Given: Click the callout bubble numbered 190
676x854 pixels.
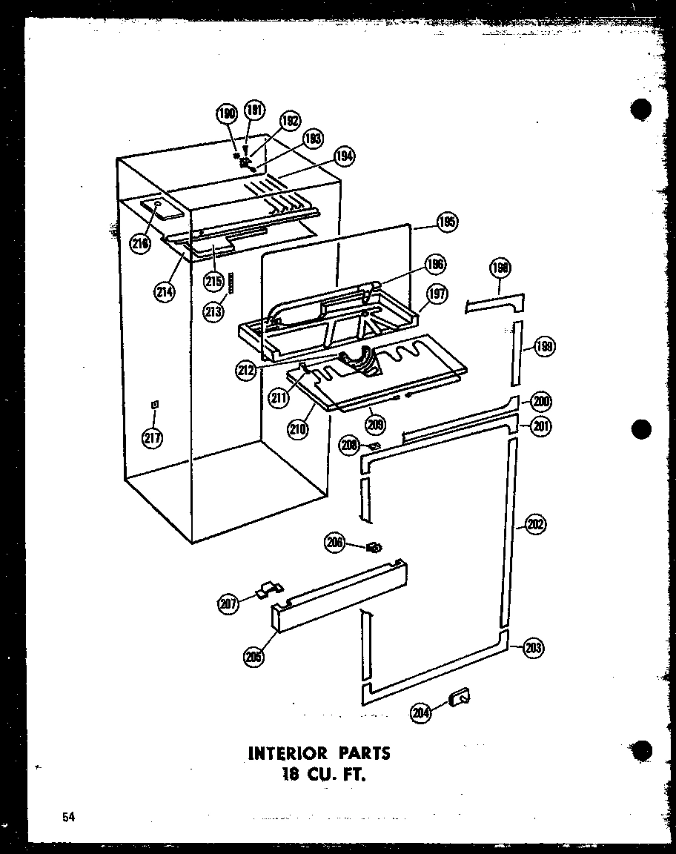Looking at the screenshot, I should [x=227, y=114].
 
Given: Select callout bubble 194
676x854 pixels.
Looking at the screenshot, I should [x=344, y=156].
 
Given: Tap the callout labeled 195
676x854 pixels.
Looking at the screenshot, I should [x=447, y=221].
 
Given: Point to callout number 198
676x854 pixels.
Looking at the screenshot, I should [x=500, y=268].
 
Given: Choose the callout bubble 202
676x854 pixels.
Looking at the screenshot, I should [x=535, y=525].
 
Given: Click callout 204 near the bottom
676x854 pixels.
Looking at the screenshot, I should [x=421, y=712].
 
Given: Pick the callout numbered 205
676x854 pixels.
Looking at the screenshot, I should [x=255, y=655].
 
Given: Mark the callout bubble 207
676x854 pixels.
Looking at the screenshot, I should [x=228, y=603].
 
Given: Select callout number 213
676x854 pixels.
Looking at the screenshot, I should [x=213, y=311].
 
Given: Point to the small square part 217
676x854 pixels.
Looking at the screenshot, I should [x=154, y=404].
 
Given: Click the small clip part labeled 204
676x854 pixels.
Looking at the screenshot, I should [x=460, y=696].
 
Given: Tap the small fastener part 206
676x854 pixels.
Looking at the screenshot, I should [x=374, y=548].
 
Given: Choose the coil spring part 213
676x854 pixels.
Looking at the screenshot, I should [x=231, y=282].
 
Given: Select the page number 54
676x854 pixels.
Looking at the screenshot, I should [x=69, y=818].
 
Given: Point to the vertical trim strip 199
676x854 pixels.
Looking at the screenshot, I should [x=516, y=354].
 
